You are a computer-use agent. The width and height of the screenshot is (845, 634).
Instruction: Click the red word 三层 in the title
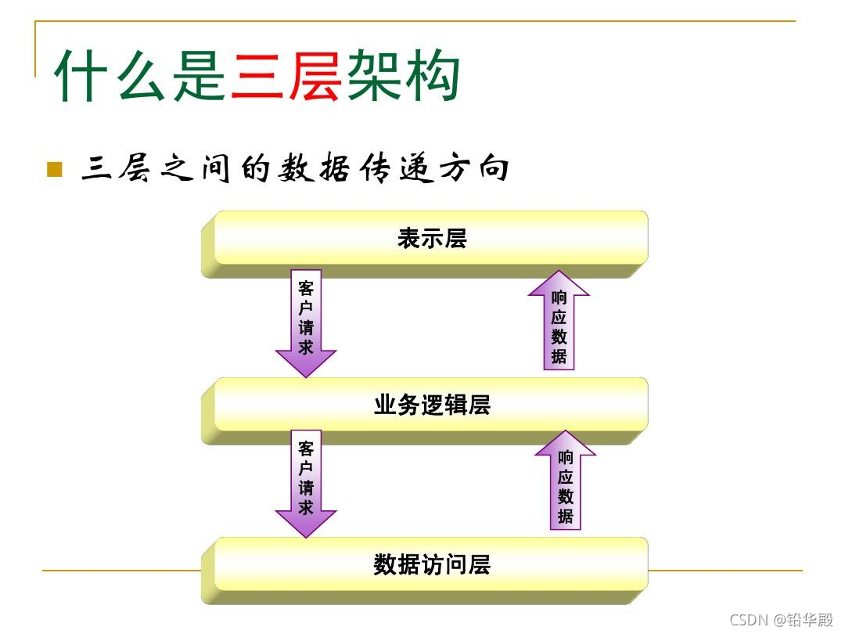pos(286,76)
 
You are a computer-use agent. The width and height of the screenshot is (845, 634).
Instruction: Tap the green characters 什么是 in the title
pos(142,76)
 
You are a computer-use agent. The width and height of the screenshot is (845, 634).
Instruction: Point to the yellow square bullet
pos(54,169)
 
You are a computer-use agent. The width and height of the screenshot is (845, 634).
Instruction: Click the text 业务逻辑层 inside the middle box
pos(432,405)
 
